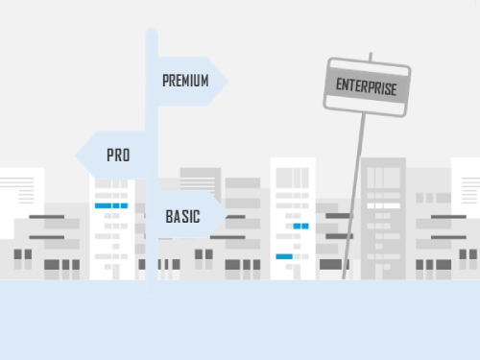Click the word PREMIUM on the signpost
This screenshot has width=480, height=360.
[185, 81]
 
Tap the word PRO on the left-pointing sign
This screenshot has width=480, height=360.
[118, 156]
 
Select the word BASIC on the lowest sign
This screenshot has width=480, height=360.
[182, 217]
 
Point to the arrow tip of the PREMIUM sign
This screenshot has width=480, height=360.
[227, 81]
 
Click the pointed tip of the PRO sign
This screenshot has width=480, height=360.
[77, 156]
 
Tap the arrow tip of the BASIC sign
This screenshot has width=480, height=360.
[227, 216]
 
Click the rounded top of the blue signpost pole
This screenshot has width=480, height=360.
[152, 34]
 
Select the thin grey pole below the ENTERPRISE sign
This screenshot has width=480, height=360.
[356, 192]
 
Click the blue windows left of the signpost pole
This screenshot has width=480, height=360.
[110, 206]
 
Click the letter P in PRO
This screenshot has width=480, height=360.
[109, 156]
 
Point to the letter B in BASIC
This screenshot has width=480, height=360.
[169, 217]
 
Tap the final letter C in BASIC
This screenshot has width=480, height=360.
[197, 217]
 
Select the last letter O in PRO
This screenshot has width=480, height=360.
[126, 156]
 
